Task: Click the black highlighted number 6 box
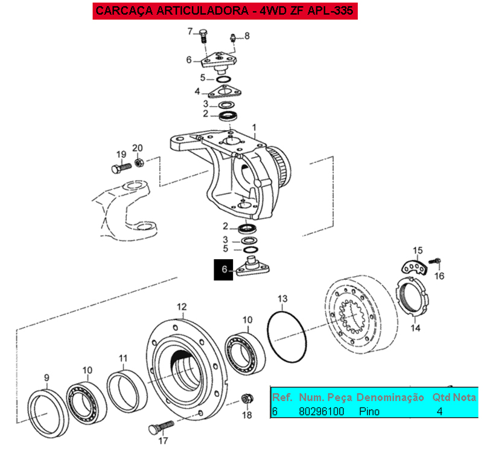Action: [x=223, y=269]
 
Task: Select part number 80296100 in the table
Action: [x=321, y=411]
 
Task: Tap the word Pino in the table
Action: [x=369, y=411]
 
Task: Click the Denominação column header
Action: [x=390, y=397]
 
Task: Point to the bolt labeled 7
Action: [x=203, y=36]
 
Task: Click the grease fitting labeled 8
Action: [x=233, y=38]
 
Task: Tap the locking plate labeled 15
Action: [x=415, y=267]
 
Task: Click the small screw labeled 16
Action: [x=434, y=261]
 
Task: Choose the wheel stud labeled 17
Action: [x=161, y=427]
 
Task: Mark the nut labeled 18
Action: [x=247, y=398]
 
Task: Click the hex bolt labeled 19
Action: [x=121, y=168]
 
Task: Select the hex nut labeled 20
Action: [x=139, y=162]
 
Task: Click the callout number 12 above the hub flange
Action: [x=182, y=307]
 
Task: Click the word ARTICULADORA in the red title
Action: [x=202, y=10]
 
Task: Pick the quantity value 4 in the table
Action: [x=439, y=411]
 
